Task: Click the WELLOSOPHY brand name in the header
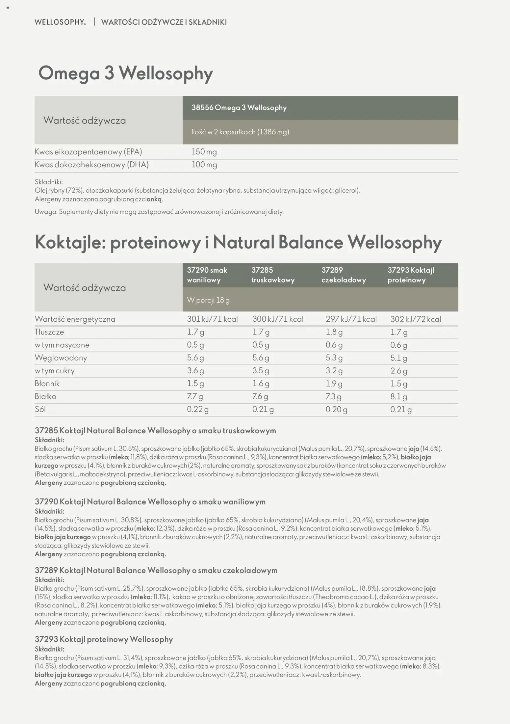click(60, 22)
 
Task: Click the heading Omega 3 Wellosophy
click(125, 73)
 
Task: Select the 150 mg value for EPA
click(204, 152)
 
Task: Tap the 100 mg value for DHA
click(204, 165)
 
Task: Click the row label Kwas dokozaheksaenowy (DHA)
click(91, 165)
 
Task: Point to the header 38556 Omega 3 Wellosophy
click(239, 108)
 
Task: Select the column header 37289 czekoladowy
click(343, 275)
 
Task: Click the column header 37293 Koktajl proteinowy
click(410, 275)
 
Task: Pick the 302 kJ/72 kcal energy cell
click(415, 319)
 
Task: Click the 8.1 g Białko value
click(398, 396)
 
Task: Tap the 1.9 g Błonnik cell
click(334, 384)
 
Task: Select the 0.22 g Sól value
click(197, 409)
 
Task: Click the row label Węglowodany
click(61, 358)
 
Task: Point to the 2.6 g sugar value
click(398, 371)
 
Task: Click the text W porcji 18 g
click(208, 300)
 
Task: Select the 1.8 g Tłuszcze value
click(334, 332)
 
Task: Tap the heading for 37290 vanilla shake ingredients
click(150, 502)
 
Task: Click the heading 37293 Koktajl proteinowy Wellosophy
click(104, 639)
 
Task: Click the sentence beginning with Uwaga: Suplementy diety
click(159, 212)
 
